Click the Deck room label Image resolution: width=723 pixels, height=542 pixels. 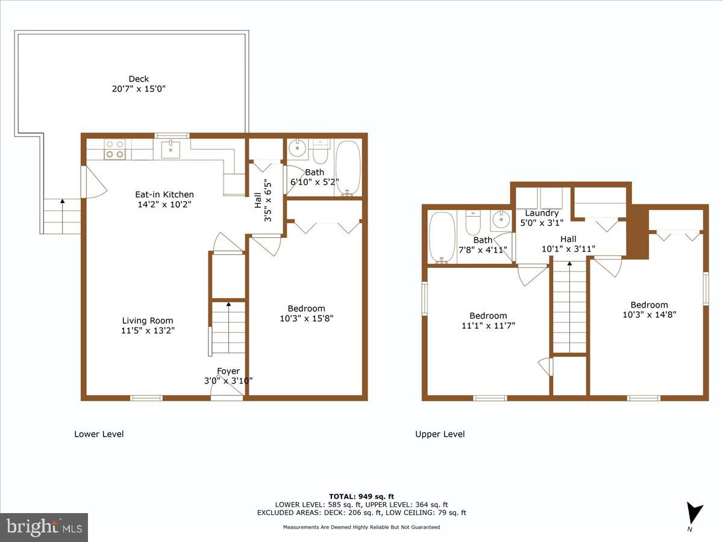[x=139, y=78]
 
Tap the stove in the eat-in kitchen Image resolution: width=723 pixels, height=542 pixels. [x=114, y=149]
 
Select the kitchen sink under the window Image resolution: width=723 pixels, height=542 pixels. [x=171, y=149]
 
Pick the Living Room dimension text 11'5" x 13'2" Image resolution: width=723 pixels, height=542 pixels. [x=148, y=331]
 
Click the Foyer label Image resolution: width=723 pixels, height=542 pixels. [x=228, y=371]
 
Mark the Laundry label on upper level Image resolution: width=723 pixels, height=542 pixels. [x=542, y=213]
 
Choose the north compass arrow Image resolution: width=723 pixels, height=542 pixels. [x=695, y=514]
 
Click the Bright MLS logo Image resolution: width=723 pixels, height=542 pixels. [x=44, y=528]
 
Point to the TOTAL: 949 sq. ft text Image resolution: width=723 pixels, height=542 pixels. [x=361, y=496]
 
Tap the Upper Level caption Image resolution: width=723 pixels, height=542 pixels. [x=440, y=434]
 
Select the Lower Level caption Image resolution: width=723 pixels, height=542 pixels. [x=99, y=434]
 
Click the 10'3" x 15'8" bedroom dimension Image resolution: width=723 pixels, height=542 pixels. [x=306, y=319]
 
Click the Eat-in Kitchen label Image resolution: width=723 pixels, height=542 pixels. [x=164, y=195]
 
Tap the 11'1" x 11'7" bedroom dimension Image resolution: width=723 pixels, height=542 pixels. [x=488, y=326]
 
